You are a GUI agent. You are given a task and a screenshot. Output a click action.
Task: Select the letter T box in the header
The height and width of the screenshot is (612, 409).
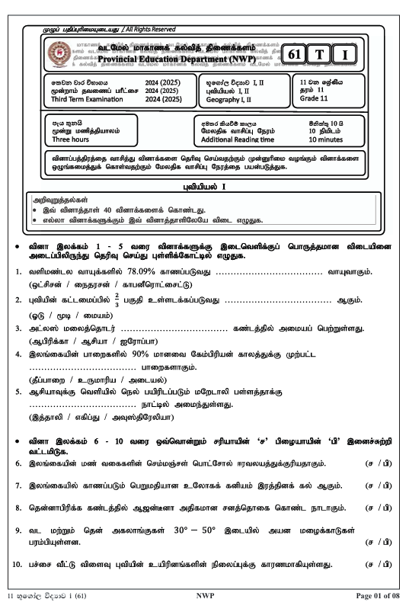[321, 54]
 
